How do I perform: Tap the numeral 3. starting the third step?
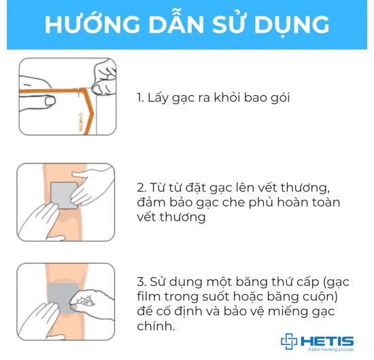pyautogui.click(x=140, y=281)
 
